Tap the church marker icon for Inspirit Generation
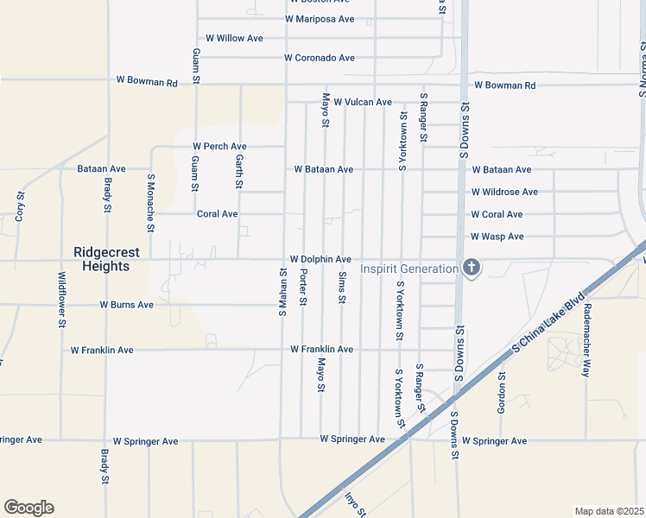point(471,268)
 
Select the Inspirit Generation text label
point(408,269)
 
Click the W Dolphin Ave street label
point(320,259)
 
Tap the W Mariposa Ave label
point(320,19)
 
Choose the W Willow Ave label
point(234,39)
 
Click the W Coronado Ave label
point(320,59)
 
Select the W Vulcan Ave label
point(363,102)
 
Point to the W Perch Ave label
point(219,147)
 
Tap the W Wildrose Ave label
point(504,192)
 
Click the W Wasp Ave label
point(497,237)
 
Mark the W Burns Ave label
point(126,305)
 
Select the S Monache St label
point(150,204)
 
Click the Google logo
point(28,508)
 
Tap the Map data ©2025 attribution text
point(609,511)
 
